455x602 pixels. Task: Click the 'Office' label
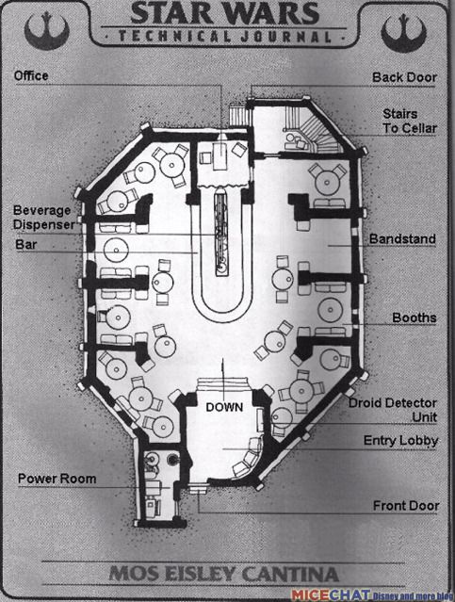coord(31,75)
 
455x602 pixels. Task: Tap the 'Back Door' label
coord(404,77)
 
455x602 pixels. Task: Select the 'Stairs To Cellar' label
coord(410,121)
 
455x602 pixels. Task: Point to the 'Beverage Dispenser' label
coord(43,218)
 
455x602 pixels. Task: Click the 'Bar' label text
coord(26,244)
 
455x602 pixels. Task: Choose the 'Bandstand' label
coord(402,238)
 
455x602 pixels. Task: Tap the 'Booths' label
coord(414,317)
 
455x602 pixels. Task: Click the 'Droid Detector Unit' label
coord(393,410)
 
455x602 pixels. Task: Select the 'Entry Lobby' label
coord(400,441)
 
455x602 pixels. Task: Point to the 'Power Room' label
coord(57,479)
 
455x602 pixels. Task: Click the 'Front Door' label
coord(406,506)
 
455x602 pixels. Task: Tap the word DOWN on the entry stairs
coord(224,407)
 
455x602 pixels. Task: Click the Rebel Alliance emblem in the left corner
coord(47,31)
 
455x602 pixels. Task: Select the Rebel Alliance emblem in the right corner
coord(403,33)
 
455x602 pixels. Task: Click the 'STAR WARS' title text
coord(225,13)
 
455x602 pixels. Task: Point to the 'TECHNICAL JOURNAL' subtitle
coord(224,37)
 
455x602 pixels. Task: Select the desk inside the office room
coord(220,155)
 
